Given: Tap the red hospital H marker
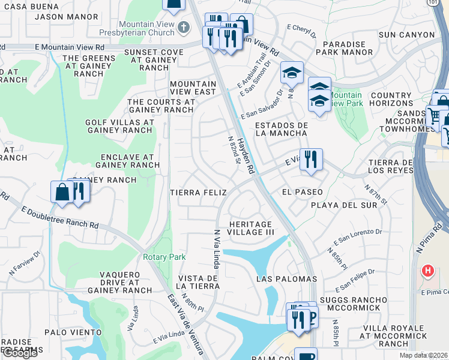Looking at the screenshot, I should [427, 271].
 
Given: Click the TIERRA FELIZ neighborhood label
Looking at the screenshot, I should [198, 193].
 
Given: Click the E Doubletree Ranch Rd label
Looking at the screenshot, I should [60, 217].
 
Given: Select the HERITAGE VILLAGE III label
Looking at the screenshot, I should [251, 227].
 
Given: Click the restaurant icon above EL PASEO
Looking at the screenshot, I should [311, 160].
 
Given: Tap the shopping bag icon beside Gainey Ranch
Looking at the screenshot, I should [62, 192].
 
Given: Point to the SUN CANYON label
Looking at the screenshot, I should [406, 35].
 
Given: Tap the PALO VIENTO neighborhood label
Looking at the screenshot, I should [73, 332].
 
